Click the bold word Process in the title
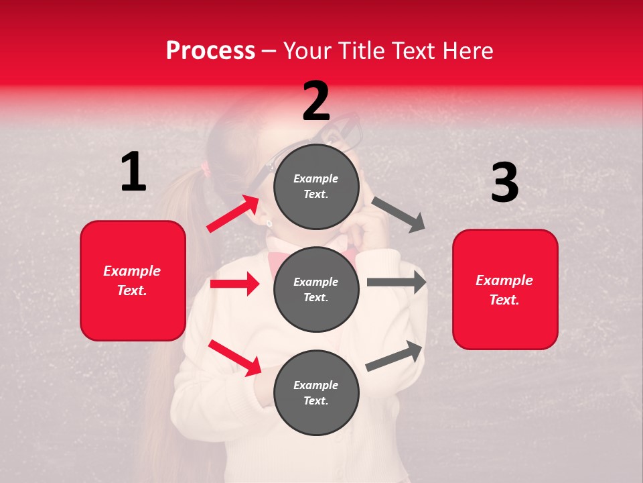(210, 50)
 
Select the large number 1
(133, 172)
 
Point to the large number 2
(316, 101)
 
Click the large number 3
(504, 182)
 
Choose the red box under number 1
(133, 280)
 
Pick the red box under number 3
(505, 289)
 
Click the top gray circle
(316, 186)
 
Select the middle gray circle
(316, 289)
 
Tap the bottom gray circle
(316, 392)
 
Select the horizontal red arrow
(234, 284)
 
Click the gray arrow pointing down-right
(399, 215)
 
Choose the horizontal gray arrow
(397, 282)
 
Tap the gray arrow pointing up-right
(395, 356)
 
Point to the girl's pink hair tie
(206, 170)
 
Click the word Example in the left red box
(132, 271)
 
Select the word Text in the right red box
(504, 300)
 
